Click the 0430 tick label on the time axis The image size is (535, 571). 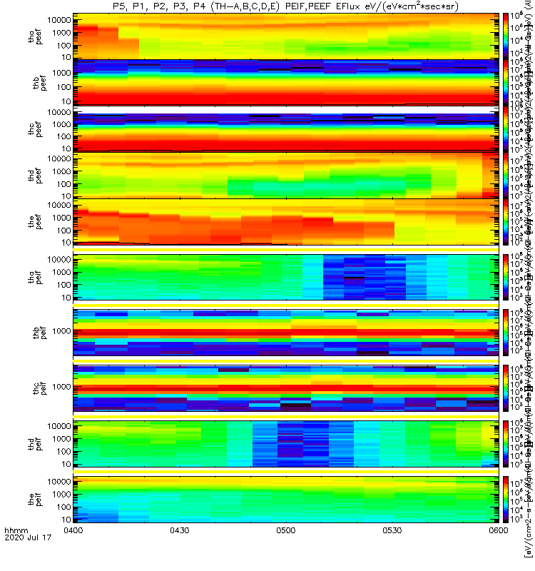click(x=180, y=550)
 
